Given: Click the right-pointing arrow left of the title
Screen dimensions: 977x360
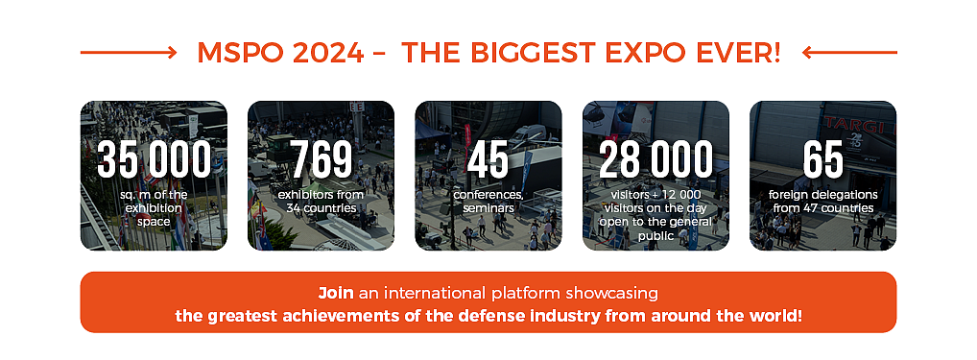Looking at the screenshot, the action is point(129,53).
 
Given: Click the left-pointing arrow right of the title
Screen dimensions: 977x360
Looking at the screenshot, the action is point(849,53).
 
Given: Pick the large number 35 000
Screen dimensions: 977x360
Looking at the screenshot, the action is point(154,159).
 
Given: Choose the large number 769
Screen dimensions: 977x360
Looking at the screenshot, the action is point(321,159).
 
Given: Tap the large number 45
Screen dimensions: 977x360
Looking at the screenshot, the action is point(488,159).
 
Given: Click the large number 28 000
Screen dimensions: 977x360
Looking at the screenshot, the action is point(655,159).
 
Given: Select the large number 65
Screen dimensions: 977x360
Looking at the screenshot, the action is point(822,159).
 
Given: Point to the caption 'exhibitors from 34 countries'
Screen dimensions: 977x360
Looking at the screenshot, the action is point(321,202).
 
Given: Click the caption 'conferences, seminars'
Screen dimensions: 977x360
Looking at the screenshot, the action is point(488,202).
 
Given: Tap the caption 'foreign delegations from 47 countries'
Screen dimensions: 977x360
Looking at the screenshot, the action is point(823,202).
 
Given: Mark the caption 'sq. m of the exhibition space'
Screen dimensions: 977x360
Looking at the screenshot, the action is point(154,208).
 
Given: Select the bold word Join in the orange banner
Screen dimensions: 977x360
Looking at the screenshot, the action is point(336,293).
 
